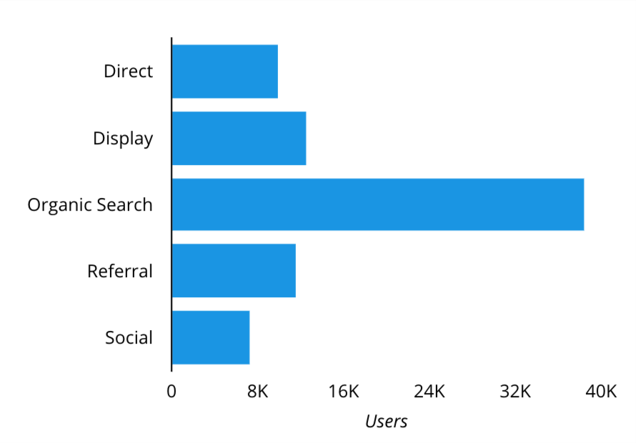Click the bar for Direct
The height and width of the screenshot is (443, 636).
(x=224, y=71)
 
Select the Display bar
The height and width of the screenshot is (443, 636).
(x=239, y=138)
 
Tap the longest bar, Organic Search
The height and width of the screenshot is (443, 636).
(x=377, y=204)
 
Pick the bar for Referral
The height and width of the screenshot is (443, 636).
(x=234, y=271)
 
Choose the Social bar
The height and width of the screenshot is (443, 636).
(x=211, y=337)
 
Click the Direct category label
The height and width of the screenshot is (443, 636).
(x=128, y=71)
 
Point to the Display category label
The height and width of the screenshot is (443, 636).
(x=123, y=138)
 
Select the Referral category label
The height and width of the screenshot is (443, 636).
(x=120, y=272)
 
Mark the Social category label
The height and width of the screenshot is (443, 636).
(x=129, y=337)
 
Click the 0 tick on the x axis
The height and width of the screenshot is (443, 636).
(x=172, y=392)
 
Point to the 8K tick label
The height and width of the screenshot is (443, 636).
(x=257, y=392)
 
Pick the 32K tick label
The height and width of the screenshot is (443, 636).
(x=515, y=392)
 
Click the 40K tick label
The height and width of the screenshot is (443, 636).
(x=601, y=392)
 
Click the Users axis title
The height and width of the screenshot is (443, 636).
(x=386, y=422)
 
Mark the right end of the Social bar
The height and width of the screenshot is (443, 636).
(x=249, y=337)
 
